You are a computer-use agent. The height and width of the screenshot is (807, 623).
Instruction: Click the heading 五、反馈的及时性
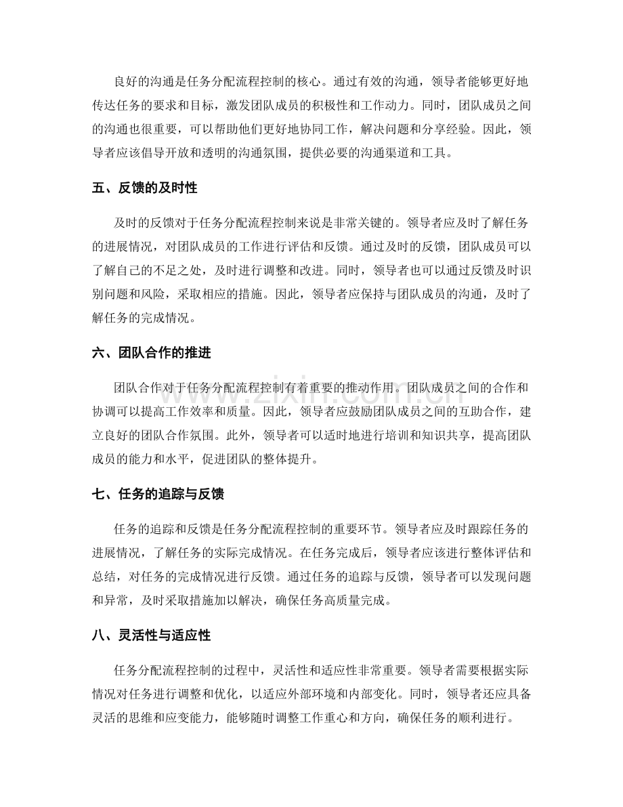coord(144,188)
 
